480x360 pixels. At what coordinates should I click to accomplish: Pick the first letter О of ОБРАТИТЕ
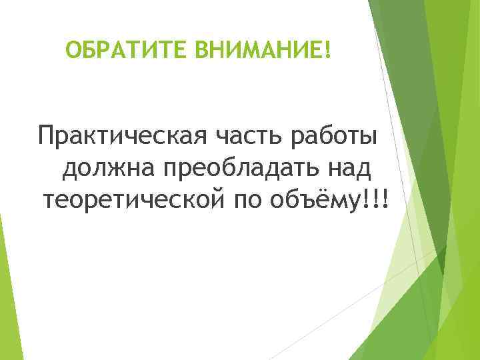[73, 50]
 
